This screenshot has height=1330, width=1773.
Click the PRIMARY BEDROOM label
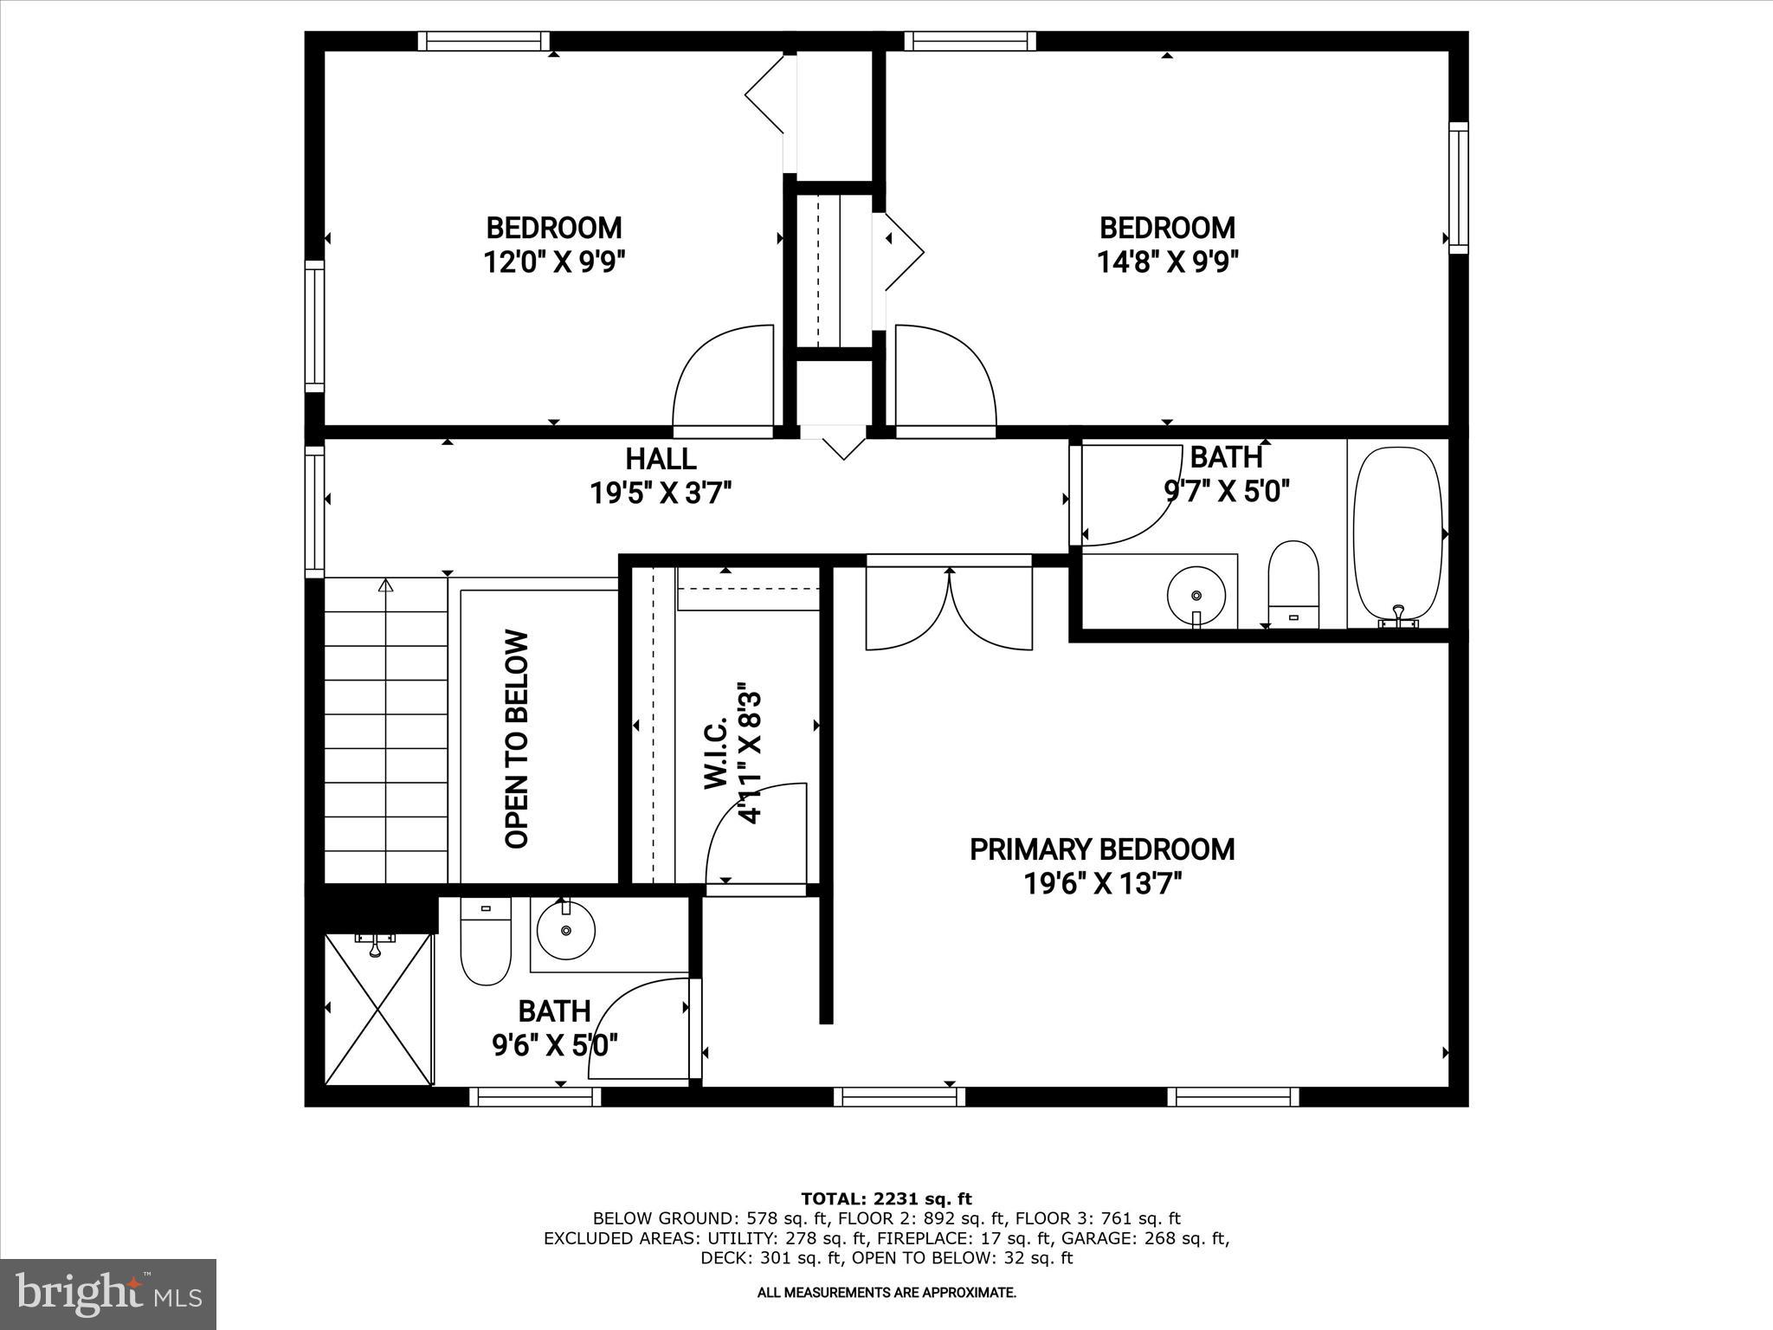[x=1101, y=849]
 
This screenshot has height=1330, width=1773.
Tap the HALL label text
[x=661, y=458]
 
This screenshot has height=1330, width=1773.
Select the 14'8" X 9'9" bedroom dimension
[x=1167, y=261]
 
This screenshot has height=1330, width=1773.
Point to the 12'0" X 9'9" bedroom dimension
[x=554, y=261]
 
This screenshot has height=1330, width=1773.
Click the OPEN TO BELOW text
[x=517, y=739]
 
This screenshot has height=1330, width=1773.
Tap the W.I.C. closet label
[x=715, y=753]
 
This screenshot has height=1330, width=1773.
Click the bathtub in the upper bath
[x=1397, y=534]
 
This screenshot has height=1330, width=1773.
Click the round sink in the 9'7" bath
[x=1196, y=595]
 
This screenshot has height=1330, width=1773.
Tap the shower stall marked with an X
[x=378, y=1009]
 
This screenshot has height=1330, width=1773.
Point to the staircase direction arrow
[x=386, y=586]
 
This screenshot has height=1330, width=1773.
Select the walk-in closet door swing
[x=755, y=836]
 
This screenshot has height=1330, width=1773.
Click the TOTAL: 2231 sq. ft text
[x=886, y=1198]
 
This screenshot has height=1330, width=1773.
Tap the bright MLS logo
[x=108, y=1294]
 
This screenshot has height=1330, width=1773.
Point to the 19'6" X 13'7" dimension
[x=1101, y=884]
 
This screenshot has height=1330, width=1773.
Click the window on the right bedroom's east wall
[x=1459, y=187]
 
